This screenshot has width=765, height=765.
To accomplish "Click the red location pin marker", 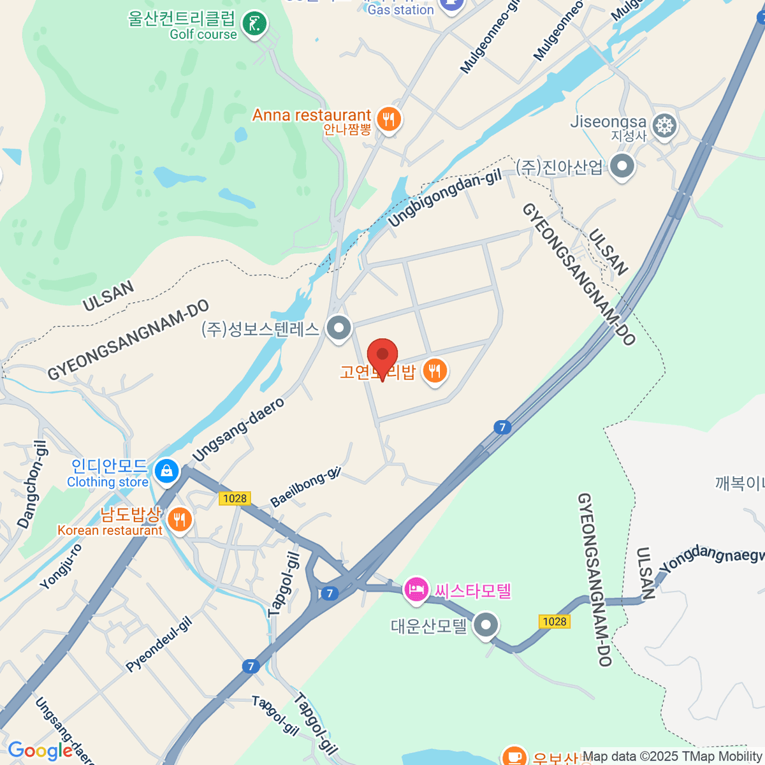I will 382,355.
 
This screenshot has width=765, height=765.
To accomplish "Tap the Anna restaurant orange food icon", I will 388,119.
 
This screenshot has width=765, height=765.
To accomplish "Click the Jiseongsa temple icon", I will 665,125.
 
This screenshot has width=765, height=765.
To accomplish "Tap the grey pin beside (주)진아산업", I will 622,166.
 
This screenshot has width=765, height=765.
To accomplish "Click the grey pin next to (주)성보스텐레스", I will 339,328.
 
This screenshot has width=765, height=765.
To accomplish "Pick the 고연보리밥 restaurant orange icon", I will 435,370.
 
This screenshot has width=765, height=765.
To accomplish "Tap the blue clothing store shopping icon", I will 166,471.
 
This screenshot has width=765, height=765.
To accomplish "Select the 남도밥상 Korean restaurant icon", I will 180,519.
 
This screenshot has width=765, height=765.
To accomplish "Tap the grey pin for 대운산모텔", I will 486,625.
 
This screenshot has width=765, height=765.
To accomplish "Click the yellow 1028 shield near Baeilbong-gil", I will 235,499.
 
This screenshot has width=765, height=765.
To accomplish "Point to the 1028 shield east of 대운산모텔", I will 554,622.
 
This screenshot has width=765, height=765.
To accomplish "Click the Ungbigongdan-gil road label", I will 445,198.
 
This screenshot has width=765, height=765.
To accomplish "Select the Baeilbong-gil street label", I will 306,487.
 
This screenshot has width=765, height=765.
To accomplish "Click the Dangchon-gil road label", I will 32,484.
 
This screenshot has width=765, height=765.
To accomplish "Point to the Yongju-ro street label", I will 61,565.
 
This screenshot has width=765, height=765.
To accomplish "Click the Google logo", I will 40,751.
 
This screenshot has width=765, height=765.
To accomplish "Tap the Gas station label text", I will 400,10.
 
